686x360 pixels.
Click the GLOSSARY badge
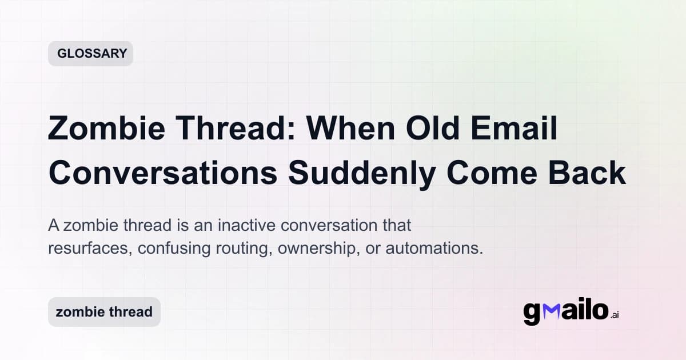coord(90,54)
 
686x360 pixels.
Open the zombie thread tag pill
coord(104,312)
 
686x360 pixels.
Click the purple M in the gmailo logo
coord(552,311)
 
